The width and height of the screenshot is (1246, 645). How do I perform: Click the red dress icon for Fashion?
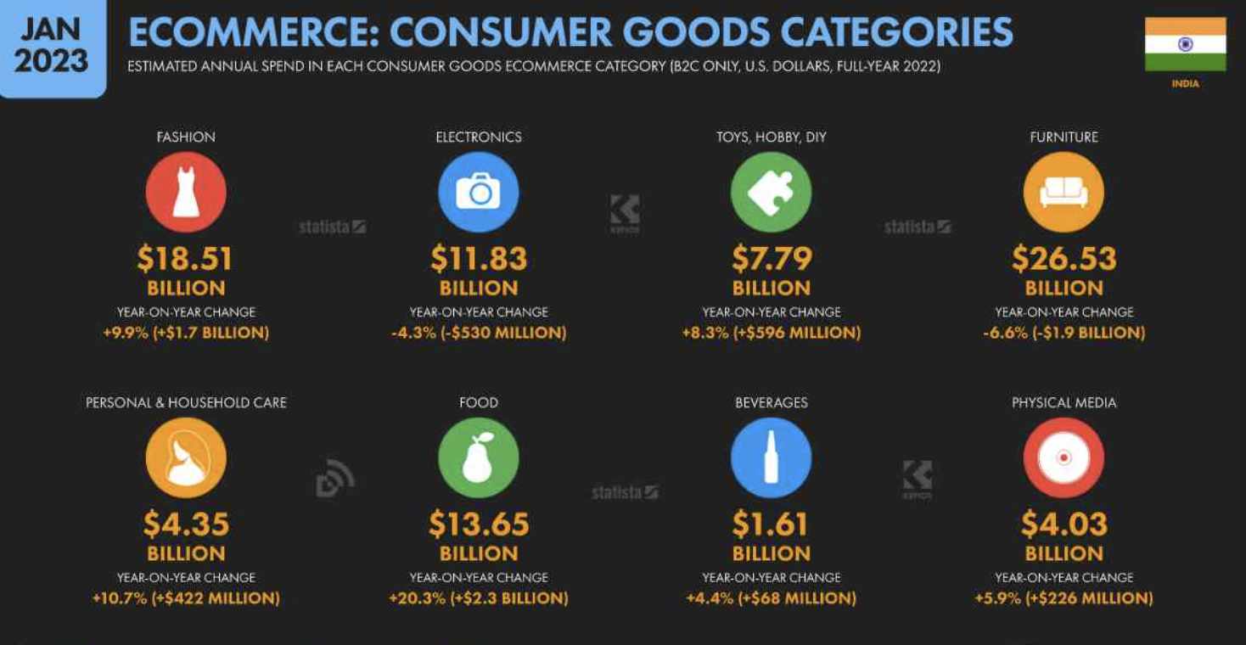click(x=186, y=193)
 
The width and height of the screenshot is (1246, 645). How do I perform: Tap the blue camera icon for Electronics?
click(x=479, y=193)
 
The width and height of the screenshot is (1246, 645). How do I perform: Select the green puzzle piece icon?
click(x=771, y=193)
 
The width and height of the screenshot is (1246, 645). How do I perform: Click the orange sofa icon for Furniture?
click(x=1064, y=193)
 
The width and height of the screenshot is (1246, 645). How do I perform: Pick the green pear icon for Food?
click(x=479, y=457)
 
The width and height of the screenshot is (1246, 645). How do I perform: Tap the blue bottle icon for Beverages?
click(x=771, y=457)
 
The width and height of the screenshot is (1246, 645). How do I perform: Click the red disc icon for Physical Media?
click(x=1064, y=457)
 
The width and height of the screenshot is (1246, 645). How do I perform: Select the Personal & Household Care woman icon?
click(x=186, y=457)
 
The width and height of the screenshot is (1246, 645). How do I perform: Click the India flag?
click(x=1186, y=44)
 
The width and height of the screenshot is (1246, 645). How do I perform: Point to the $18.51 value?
click(x=185, y=259)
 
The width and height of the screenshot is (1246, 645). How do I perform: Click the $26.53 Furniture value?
click(x=1064, y=259)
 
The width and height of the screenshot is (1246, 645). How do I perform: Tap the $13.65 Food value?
click(x=479, y=524)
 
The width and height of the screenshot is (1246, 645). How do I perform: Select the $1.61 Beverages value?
click(x=770, y=524)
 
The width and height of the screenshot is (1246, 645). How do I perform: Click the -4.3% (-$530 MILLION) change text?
click(x=479, y=333)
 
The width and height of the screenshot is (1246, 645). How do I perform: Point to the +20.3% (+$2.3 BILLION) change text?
click(x=479, y=598)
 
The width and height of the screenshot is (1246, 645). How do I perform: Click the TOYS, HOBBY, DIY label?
click(x=771, y=137)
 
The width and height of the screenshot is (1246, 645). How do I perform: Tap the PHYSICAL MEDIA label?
click(x=1064, y=402)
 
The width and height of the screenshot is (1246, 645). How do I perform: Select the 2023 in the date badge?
click(x=51, y=60)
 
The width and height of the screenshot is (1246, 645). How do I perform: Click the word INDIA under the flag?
click(x=1186, y=84)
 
